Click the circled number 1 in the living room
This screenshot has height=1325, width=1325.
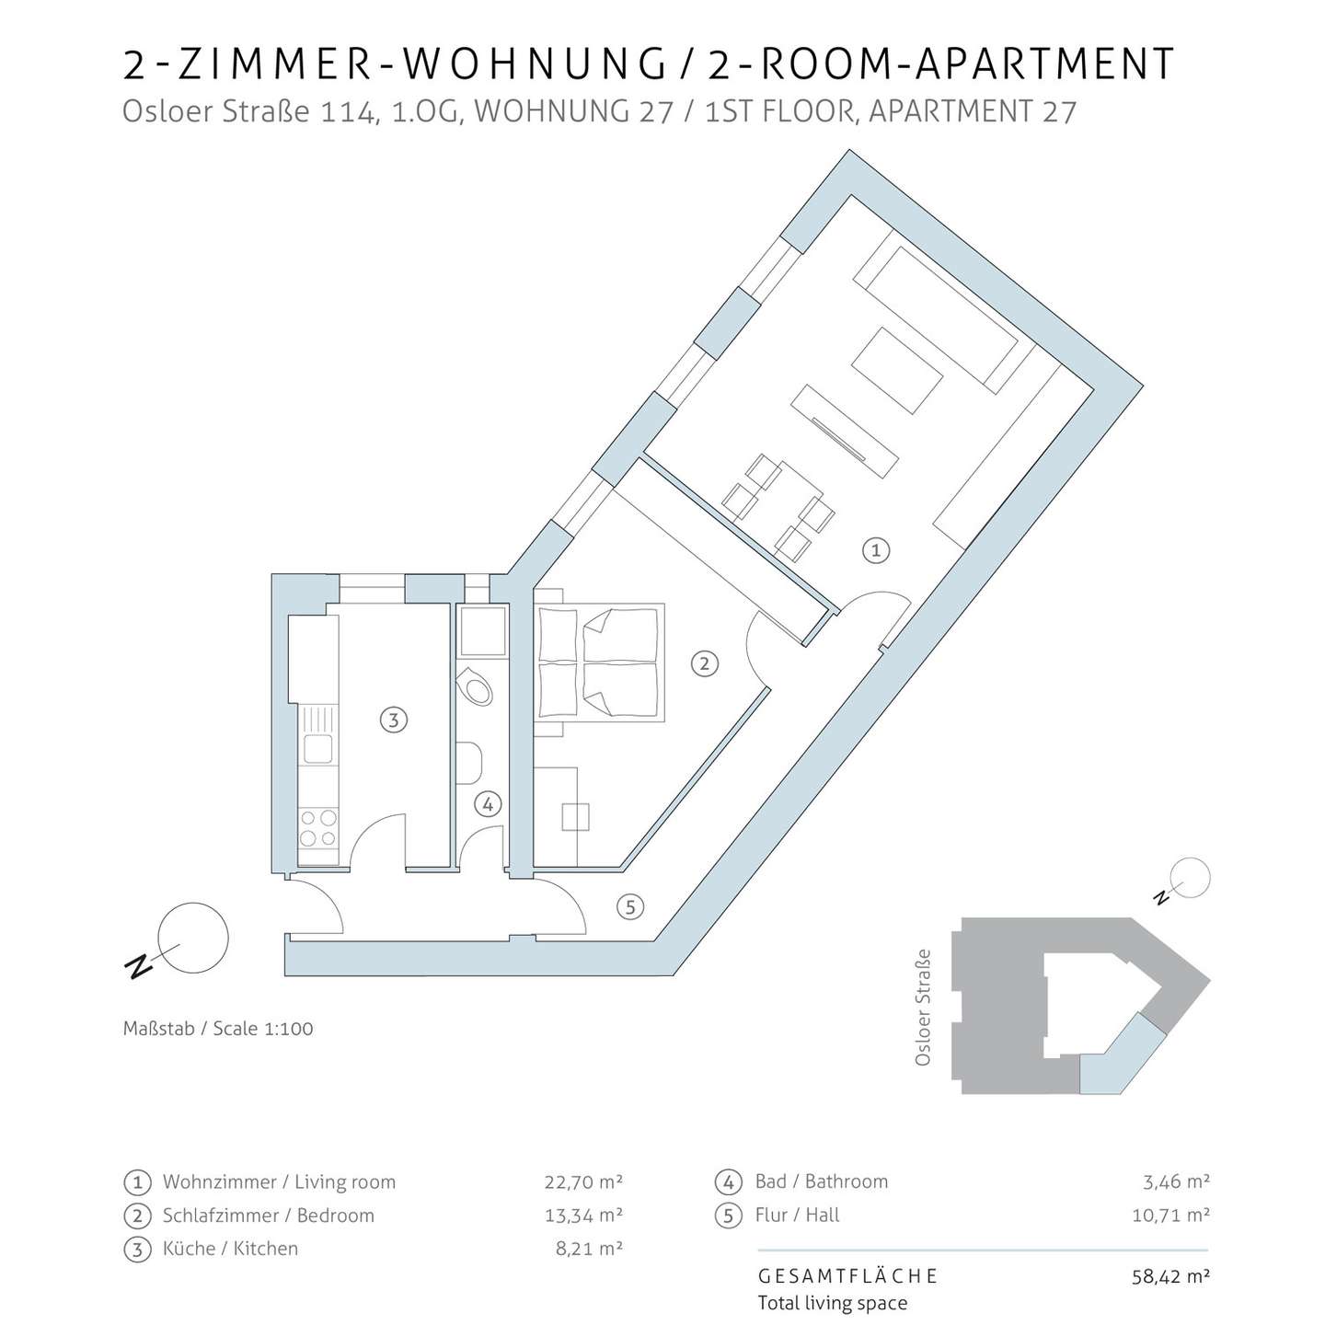click(x=875, y=550)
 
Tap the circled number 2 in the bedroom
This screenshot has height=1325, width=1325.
click(x=704, y=663)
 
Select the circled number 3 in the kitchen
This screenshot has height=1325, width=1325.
click(x=393, y=720)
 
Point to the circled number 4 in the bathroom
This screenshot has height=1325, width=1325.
click(x=489, y=804)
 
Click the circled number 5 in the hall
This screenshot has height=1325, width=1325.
click(x=630, y=907)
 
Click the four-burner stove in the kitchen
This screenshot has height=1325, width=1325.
click(x=318, y=828)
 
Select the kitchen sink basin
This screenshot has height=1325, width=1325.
click(x=318, y=748)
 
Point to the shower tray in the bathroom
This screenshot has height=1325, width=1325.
click(x=483, y=630)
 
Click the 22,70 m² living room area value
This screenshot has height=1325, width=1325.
click(x=583, y=1181)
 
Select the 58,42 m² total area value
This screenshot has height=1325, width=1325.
click(x=1170, y=1276)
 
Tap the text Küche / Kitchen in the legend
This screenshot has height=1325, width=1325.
click(x=230, y=1248)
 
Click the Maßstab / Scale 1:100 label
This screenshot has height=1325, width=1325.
click(x=218, y=1028)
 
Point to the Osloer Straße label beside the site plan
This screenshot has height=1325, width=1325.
click(x=923, y=1008)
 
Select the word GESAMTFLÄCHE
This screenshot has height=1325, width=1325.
click(x=847, y=1276)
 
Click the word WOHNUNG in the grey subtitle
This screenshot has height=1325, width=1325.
click(x=573, y=111)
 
